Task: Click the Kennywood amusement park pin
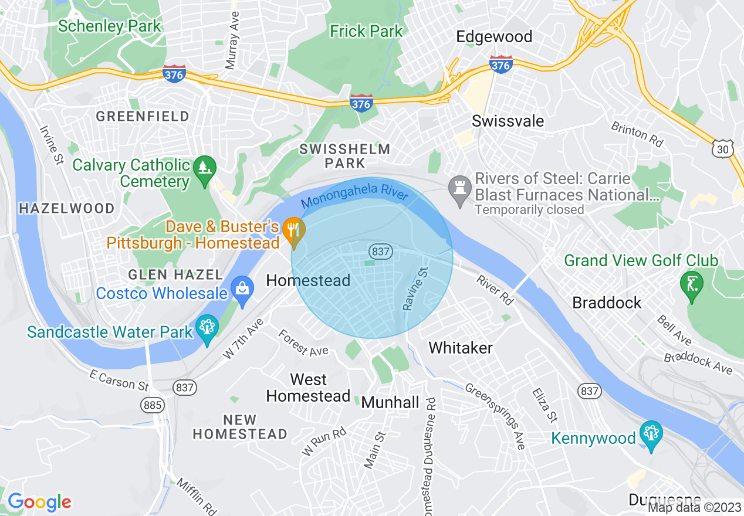click(x=651, y=435)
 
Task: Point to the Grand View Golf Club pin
click(x=691, y=286)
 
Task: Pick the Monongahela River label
click(x=354, y=197)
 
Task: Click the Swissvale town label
click(x=508, y=121)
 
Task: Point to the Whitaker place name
click(x=461, y=348)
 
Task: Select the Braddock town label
click(x=607, y=303)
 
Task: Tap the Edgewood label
click(x=494, y=36)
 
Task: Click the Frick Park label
click(x=366, y=31)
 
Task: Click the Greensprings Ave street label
click(x=495, y=416)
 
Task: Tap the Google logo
click(x=39, y=502)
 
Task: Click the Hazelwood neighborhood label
click(x=66, y=208)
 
